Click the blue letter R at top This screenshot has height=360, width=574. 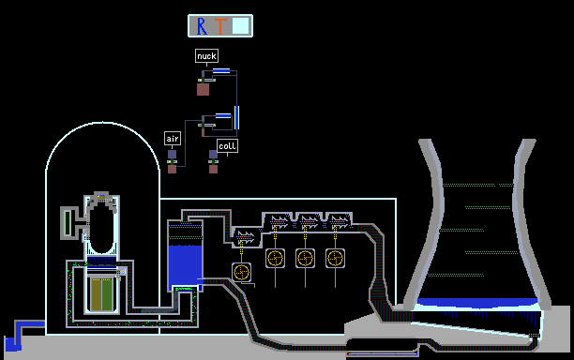[202, 26]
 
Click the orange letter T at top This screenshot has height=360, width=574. [220, 26]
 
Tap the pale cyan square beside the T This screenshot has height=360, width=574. [240, 25]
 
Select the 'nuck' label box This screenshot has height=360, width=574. [207, 56]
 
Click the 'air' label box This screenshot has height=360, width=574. [173, 139]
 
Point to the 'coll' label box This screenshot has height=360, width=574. [227, 146]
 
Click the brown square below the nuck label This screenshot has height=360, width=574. [204, 89]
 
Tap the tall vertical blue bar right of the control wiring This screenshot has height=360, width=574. [237, 117]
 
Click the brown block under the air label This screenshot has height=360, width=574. [172, 169]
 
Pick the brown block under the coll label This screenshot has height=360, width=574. [214, 169]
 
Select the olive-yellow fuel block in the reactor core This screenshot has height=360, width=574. [97, 294]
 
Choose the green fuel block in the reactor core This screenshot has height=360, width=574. [107, 294]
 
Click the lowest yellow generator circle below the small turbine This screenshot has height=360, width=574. [242, 272]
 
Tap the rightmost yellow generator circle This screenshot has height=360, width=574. [336, 259]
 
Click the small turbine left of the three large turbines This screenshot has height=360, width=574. [246, 237]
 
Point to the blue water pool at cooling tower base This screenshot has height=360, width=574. [477, 303]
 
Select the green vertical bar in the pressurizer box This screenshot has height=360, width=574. [68, 223]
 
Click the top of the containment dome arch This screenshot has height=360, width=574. [103, 123]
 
